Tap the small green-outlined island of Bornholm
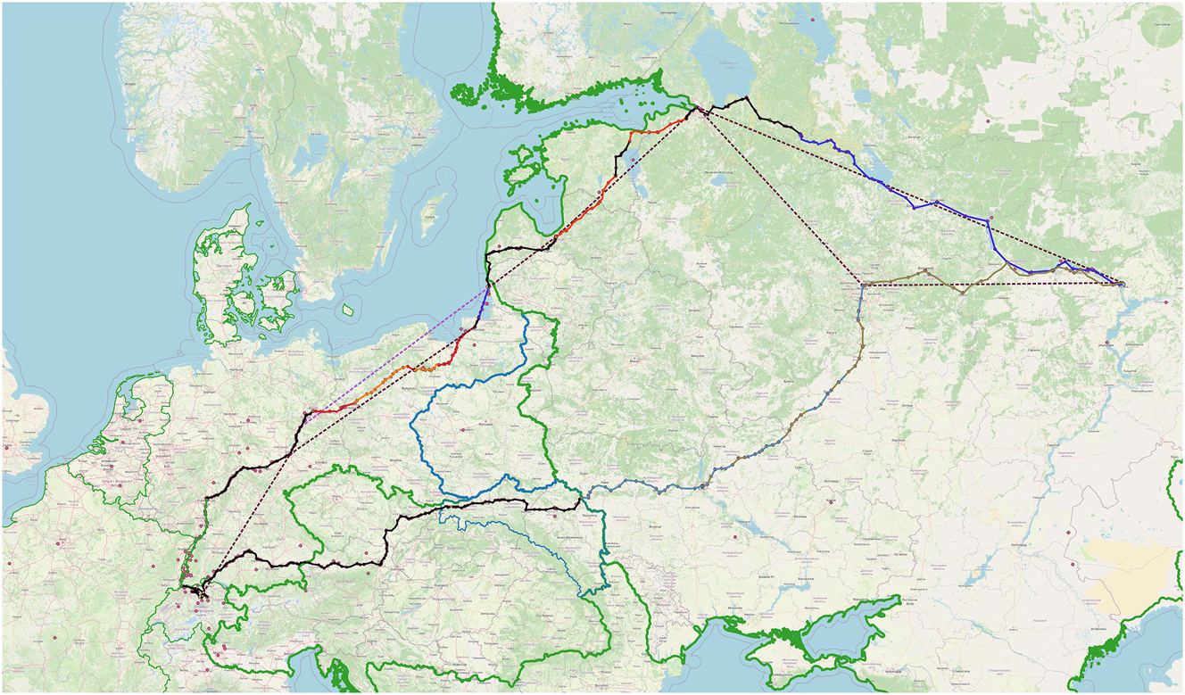[348, 310]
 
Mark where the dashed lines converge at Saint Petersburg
[697, 110]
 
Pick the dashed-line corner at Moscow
[862, 284]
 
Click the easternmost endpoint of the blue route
[1122, 284]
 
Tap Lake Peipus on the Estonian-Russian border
[638, 170]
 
